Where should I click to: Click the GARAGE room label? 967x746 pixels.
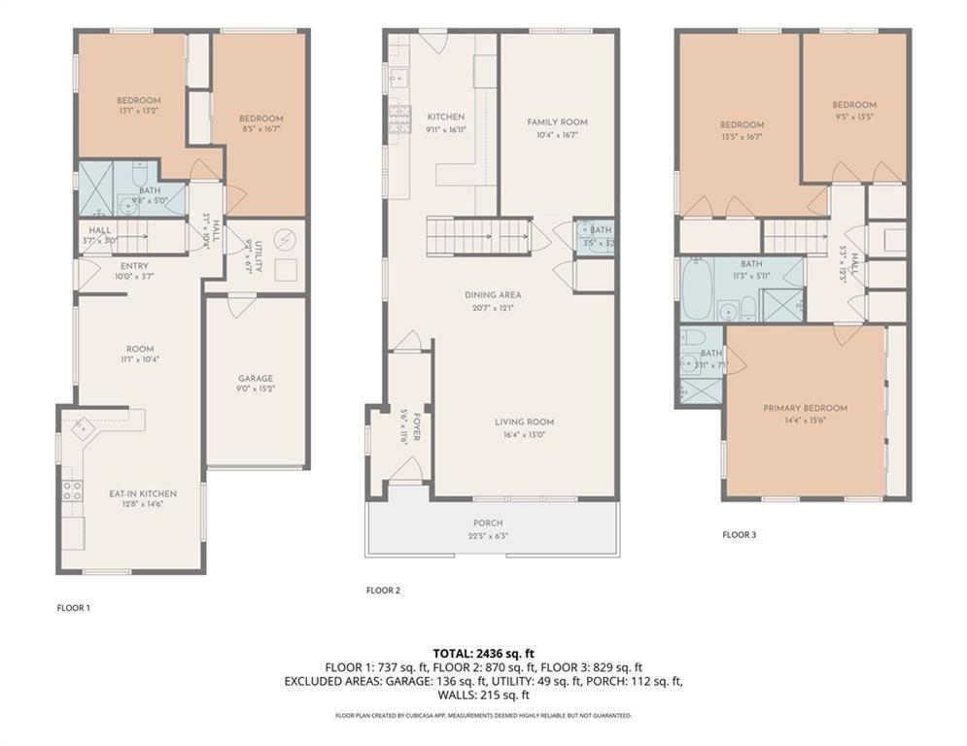tap(256, 379)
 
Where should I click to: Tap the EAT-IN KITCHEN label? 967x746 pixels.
tap(143, 493)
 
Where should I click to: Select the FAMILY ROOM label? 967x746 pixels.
tap(557, 122)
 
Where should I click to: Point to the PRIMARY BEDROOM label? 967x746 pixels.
tap(805, 408)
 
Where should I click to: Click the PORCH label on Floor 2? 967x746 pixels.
tap(488, 524)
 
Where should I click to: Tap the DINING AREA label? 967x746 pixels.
tap(494, 294)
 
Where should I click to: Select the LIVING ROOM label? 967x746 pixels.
tap(524, 422)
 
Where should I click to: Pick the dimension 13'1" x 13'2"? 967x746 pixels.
tap(138, 111)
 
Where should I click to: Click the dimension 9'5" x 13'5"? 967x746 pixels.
tap(853, 117)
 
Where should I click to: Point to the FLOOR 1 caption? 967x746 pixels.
tap(73, 608)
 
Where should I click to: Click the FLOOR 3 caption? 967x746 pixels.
tap(739, 534)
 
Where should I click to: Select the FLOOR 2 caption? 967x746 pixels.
tap(382, 590)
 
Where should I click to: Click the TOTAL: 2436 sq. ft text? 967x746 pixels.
tap(483, 653)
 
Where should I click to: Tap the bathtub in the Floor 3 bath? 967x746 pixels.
tap(696, 288)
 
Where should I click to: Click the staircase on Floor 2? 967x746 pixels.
tap(478, 236)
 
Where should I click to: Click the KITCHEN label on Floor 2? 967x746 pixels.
tap(445, 117)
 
